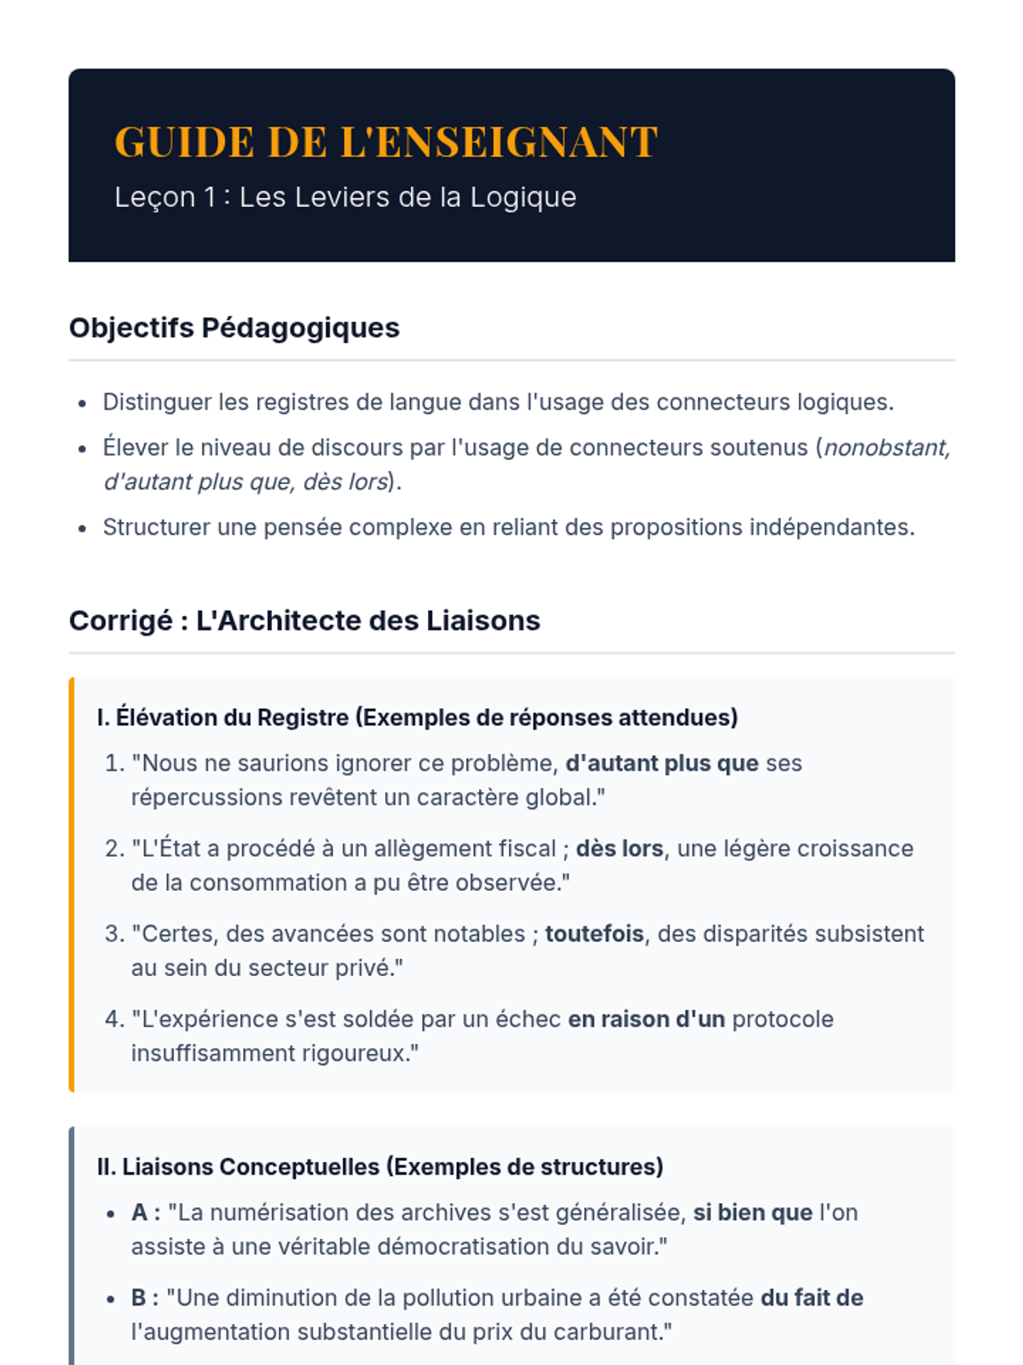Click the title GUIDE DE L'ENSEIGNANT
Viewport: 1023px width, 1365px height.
(385, 142)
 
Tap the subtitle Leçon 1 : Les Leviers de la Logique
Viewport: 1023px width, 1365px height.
(345, 197)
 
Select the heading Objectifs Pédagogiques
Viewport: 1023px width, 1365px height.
(234, 328)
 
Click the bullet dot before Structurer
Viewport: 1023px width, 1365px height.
(82, 529)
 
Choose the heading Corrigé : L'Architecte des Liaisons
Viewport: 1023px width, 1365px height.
(304, 620)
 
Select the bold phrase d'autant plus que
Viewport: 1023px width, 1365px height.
(662, 763)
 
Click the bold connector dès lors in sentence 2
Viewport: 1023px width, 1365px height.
(619, 848)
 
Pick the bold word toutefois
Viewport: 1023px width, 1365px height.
(594, 933)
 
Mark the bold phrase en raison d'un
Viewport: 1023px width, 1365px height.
(646, 1019)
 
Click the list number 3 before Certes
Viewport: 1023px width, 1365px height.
(114, 933)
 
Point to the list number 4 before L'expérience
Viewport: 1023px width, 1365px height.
(114, 1019)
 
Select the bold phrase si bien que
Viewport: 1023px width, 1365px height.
(752, 1212)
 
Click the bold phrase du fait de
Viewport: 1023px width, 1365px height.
(812, 1298)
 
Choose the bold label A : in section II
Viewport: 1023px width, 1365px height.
(146, 1212)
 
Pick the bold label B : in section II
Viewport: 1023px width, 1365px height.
(145, 1298)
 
